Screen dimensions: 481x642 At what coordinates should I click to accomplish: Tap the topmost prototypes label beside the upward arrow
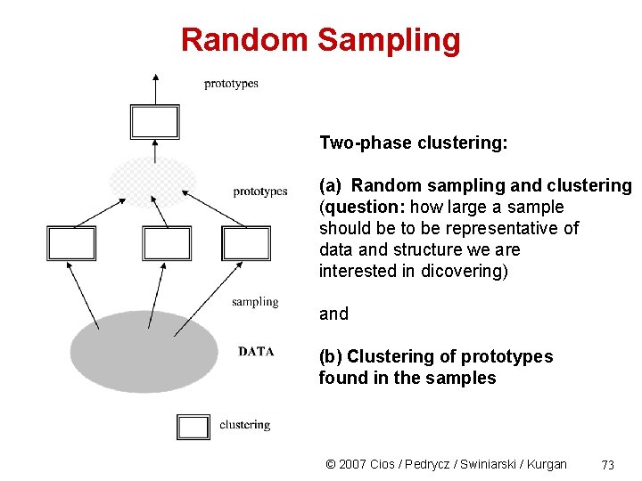[231, 84]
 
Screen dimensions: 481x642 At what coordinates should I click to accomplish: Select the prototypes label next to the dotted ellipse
[260, 192]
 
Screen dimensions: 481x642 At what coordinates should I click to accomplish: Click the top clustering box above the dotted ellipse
[154, 121]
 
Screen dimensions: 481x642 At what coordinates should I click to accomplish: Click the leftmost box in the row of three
[70, 243]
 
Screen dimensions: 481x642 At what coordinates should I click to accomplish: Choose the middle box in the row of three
[167, 243]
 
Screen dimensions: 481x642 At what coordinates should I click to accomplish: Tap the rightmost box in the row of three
[245, 243]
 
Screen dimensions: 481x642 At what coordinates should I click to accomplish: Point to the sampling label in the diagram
[255, 302]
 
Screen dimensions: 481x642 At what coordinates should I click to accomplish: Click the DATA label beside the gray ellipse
[256, 351]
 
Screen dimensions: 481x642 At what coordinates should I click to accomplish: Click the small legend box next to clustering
[193, 427]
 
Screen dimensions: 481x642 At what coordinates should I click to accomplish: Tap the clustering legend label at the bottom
[244, 425]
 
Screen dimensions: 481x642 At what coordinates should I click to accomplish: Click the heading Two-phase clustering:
[413, 143]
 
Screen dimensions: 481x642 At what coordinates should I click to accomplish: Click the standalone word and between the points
[333, 314]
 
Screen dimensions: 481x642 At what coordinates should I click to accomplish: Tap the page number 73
[608, 464]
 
